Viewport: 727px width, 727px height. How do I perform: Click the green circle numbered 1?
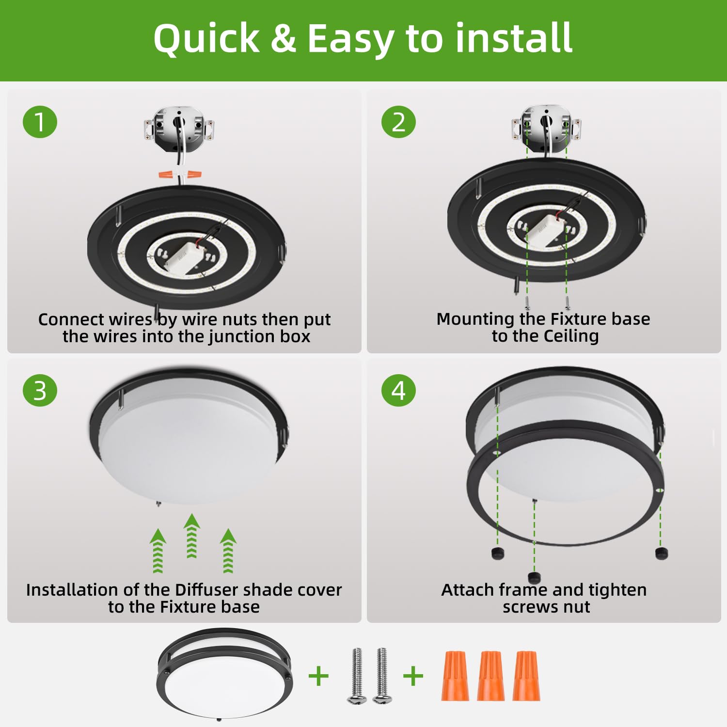pyautogui.click(x=40, y=122)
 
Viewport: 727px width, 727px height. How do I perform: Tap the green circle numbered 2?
pyautogui.click(x=398, y=122)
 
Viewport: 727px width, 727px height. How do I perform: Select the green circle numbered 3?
pyautogui.click(x=40, y=391)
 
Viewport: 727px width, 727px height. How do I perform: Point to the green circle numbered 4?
pyautogui.click(x=398, y=391)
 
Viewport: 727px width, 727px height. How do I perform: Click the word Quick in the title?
pyautogui.click(x=206, y=39)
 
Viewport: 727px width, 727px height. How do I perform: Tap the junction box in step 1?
pyautogui.click(x=179, y=129)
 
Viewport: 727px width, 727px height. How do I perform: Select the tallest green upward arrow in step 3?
pyautogui.click(x=192, y=536)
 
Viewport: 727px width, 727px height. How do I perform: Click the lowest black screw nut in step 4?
pyautogui.click(x=534, y=577)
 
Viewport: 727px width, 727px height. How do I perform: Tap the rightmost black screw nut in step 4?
pyautogui.click(x=661, y=553)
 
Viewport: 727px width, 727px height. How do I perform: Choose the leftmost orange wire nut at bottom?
pyautogui.click(x=455, y=676)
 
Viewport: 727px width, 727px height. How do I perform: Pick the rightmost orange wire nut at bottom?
pyautogui.click(x=526, y=676)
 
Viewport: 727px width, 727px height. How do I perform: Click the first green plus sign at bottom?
pyautogui.click(x=318, y=676)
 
